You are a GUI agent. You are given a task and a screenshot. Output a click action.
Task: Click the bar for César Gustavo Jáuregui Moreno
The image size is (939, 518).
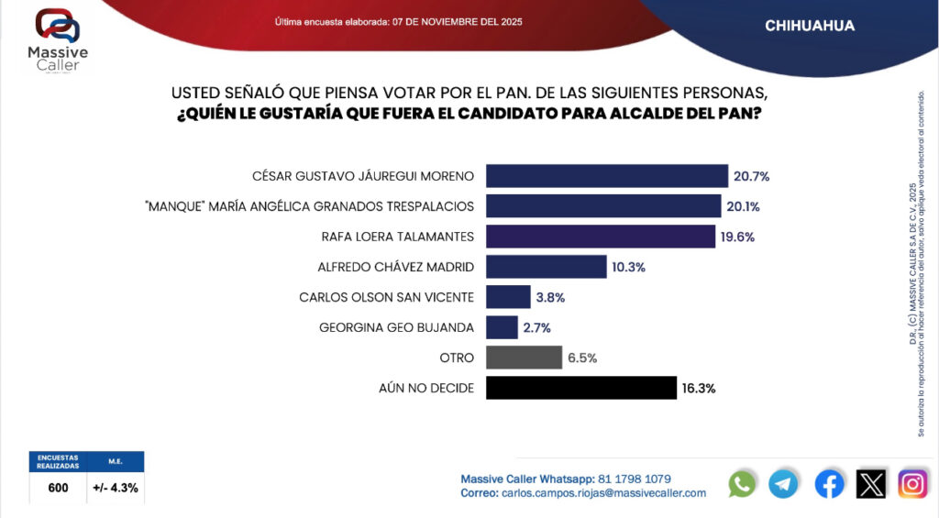click(606, 176)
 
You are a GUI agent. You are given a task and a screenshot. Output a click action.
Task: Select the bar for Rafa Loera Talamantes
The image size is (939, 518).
click(600, 237)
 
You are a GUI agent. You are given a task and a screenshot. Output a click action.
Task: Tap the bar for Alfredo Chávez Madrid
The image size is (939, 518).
click(546, 267)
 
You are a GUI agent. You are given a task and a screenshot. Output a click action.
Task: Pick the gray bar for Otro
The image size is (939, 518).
click(524, 358)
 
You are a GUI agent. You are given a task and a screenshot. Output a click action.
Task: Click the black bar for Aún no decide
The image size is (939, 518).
click(580, 388)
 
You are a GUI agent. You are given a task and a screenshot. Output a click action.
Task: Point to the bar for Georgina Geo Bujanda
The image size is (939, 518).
click(502, 327)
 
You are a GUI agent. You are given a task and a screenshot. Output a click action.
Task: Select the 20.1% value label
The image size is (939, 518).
click(744, 206)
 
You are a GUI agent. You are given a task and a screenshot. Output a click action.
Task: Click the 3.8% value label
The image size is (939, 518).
click(551, 297)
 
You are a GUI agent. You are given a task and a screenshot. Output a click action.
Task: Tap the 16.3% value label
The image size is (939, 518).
click(699, 388)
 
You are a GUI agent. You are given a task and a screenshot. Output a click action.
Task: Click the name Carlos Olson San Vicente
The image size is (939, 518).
click(386, 297)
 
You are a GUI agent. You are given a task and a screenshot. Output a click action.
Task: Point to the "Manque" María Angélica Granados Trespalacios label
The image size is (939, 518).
click(309, 206)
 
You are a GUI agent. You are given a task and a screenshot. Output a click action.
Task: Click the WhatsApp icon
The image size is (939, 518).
click(742, 483)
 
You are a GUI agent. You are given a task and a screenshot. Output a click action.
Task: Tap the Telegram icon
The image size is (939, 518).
click(783, 483)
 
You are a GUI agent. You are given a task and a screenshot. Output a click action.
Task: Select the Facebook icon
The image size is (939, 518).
click(829, 483)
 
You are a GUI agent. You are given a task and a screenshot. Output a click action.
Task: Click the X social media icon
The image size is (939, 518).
click(871, 483)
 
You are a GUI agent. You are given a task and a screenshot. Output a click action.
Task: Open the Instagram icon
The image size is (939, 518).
click(912, 483)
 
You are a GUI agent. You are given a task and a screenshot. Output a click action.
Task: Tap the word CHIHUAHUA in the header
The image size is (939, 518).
click(810, 26)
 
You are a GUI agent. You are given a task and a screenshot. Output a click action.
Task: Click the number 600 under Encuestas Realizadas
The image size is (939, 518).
click(58, 488)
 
